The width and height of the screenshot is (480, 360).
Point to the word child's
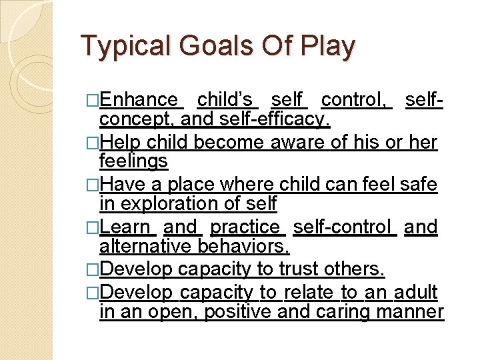coord(227,100)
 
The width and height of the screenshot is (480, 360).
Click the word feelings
coord(133,161)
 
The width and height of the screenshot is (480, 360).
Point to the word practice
coord(247,227)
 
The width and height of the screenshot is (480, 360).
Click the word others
coord(357,269)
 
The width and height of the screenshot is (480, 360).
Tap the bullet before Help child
coord(93,143)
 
